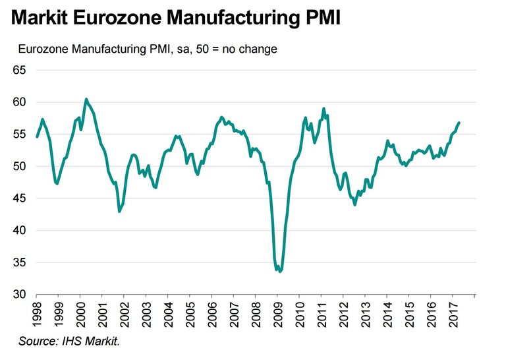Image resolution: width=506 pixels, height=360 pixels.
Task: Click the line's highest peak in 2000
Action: click(x=86, y=100)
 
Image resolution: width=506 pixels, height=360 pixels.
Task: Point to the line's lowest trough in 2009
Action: click(x=280, y=271)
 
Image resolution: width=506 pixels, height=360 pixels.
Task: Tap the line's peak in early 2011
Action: click(x=323, y=109)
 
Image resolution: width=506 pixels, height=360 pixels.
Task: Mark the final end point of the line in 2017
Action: click(x=459, y=123)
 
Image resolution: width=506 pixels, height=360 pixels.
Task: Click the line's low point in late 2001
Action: click(x=119, y=211)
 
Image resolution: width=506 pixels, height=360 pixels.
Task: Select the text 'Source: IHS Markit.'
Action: click(x=69, y=341)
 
